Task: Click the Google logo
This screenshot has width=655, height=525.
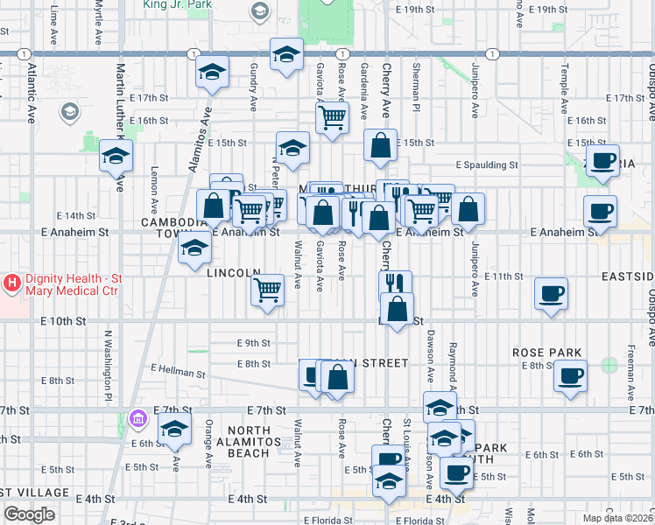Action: point(29,514)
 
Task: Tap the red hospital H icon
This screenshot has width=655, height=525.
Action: point(12,283)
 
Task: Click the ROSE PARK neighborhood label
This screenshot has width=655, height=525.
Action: point(547,353)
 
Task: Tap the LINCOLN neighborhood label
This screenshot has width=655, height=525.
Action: point(234,273)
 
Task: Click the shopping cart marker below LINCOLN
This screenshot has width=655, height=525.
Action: point(268,289)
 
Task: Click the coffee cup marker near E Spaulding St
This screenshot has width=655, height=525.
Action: point(602,161)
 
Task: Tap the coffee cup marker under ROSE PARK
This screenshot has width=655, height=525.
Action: point(570,376)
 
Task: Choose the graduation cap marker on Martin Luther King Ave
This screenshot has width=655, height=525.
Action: point(116,156)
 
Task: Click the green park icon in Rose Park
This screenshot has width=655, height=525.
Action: point(609,364)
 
